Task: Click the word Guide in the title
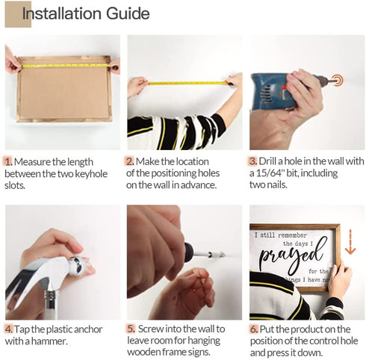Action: (x=128, y=13)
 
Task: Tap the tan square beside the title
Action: (x=18, y=14)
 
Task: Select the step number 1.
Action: (x=8, y=162)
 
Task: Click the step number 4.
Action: (x=9, y=329)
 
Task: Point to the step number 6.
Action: (x=254, y=329)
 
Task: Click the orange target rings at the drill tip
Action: (x=338, y=81)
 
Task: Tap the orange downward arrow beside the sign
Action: (x=350, y=242)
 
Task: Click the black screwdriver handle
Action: (x=188, y=252)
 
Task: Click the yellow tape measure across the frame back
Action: (x=65, y=66)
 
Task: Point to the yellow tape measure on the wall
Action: (x=188, y=83)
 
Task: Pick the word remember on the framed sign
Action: (x=292, y=235)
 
